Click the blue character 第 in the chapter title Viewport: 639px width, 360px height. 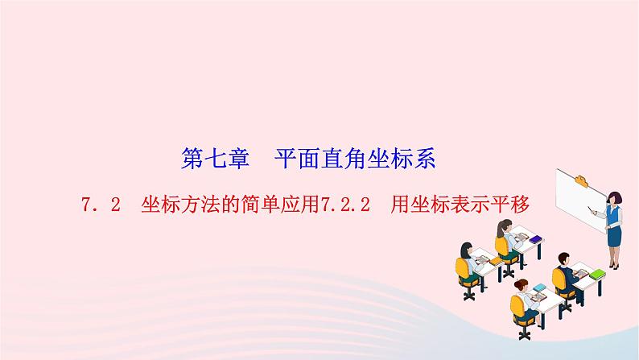(192, 159)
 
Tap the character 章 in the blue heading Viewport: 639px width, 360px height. (238, 159)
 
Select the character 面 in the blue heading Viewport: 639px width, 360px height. (308, 159)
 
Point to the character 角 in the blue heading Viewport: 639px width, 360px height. (355, 159)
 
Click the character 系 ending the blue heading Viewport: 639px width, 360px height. (424, 159)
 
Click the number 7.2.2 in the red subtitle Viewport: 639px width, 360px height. (345, 205)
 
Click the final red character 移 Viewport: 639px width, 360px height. (519, 205)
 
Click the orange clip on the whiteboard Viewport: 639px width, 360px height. (582, 180)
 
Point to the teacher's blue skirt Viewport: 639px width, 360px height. (614, 237)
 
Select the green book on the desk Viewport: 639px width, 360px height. (597, 275)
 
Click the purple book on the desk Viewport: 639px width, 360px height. (536, 239)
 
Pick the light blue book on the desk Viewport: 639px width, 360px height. (539, 288)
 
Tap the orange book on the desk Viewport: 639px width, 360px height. (496, 261)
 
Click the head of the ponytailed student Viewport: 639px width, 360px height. (505, 227)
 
